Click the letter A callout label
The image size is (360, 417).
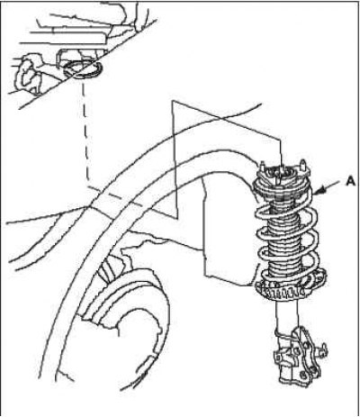pos(350,181)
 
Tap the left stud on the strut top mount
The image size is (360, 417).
pos(263,167)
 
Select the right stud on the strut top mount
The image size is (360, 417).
pos(304,166)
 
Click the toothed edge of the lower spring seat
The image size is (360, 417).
pos(281,292)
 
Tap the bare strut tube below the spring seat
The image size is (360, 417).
pos(287,315)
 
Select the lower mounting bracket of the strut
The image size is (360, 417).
pos(297,358)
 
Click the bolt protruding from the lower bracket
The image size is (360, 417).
pos(322,349)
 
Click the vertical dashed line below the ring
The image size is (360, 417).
pos(85,132)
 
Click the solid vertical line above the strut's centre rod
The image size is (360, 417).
pos(281,154)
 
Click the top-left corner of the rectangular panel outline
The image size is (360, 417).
pos(172,101)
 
